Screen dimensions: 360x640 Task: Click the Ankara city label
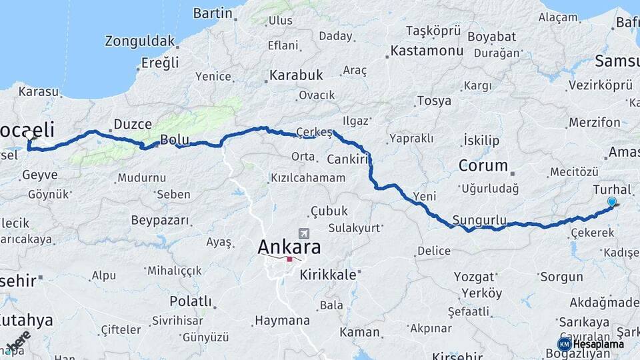[289, 247]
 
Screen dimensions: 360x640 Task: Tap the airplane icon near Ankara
[305, 234]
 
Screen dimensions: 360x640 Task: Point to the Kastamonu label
[427, 51]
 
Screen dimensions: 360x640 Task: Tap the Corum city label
[484, 165]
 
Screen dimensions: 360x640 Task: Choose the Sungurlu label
[479, 220]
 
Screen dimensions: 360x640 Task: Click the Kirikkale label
[330, 273]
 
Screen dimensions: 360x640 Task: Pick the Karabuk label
[296, 75]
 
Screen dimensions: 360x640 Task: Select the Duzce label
[133, 124]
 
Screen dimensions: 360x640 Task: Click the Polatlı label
[191, 301]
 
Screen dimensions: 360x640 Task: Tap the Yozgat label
[474, 276]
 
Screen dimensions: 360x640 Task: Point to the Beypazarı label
[160, 220]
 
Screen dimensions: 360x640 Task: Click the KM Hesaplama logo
[591, 344]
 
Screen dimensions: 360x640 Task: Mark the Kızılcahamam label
[307, 178]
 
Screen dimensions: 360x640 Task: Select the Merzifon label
[594, 123]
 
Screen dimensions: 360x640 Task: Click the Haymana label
[282, 321]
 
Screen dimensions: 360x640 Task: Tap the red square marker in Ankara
[289, 259]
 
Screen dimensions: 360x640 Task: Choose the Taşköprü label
[433, 31]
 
